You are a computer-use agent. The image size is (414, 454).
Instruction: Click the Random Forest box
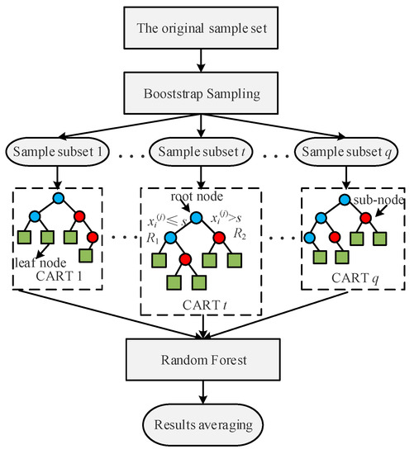pyautogui.click(x=201, y=361)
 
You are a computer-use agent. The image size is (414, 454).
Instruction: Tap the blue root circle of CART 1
pyautogui.click(x=58, y=199)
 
